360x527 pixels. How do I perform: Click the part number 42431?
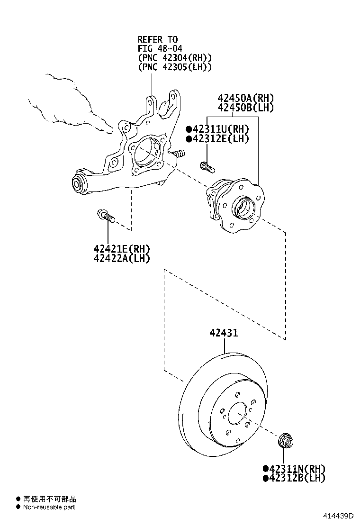(224, 333)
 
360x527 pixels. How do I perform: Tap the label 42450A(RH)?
(246, 98)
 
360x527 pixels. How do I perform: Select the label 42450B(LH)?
(246, 108)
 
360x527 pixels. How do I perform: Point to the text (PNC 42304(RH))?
(174, 58)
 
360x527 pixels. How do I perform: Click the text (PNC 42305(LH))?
(174, 67)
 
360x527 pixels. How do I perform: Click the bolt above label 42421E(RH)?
(106, 216)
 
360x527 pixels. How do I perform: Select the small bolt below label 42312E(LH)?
(207, 166)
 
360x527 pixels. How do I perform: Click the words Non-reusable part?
(48, 507)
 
